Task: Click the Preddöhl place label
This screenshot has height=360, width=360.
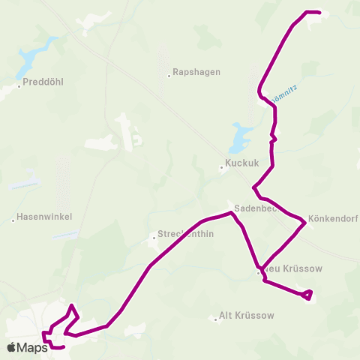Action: point(42,82)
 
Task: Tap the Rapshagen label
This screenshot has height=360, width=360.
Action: point(196,73)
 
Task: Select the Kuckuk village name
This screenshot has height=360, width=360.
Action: point(241,162)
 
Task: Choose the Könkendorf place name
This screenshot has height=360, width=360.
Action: point(332,220)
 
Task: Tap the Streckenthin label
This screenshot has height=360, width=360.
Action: point(185,234)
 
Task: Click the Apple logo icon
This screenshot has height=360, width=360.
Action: point(11,347)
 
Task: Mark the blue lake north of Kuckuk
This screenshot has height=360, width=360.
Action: point(240,137)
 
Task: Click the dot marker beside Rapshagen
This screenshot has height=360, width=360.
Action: point(169,73)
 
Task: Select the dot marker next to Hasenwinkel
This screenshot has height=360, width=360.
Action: point(13,220)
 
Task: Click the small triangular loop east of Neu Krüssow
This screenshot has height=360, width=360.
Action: point(306,295)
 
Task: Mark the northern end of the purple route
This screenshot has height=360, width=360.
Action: point(319,13)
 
